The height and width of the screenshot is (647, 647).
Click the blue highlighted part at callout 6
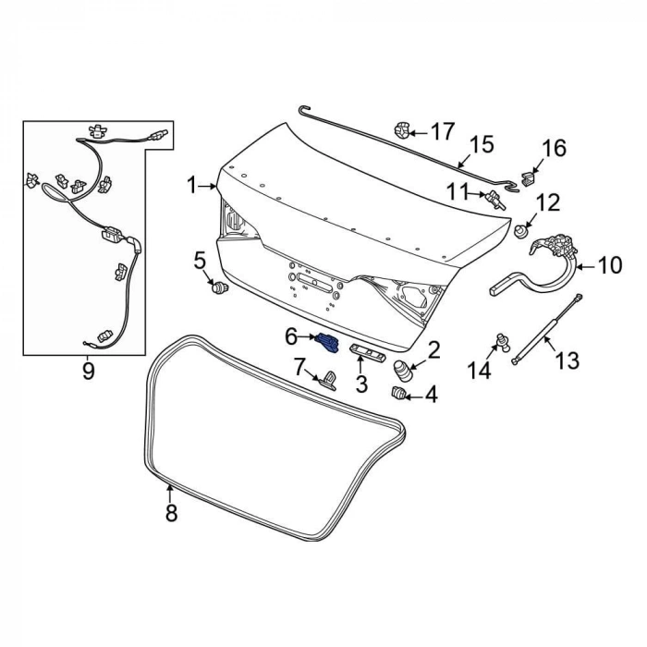click(327, 344)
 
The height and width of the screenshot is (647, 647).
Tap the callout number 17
click(443, 132)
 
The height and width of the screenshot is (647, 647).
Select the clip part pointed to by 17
click(402, 130)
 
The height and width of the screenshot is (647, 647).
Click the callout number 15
click(482, 145)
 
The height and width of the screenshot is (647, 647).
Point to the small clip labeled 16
click(528, 178)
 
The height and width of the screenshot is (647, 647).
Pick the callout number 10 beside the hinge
click(609, 265)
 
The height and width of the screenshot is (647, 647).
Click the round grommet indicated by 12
click(521, 231)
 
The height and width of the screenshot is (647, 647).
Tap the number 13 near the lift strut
click(568, 360)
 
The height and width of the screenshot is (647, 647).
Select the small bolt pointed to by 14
click(504, 342)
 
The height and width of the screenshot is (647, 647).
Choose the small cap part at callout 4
click(397, 393)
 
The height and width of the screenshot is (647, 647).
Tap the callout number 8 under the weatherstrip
click(171, 512)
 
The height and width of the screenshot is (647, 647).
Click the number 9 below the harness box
click(89, 371)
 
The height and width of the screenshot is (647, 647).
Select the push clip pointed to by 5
click(220, 287)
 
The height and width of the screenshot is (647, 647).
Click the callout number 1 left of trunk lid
click(191, 186)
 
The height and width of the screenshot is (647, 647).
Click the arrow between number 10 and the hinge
click(585, 267)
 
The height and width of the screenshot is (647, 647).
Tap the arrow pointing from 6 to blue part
click(307, 337)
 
